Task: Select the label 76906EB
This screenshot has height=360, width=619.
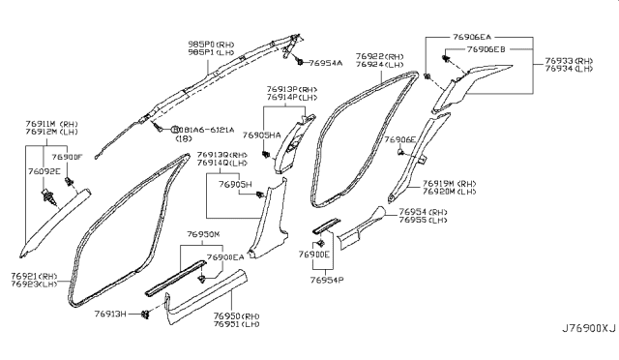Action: tap(486, 48)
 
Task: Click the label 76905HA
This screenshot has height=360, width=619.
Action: tap(261, 135)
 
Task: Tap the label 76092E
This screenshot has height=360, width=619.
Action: tap(44, 171)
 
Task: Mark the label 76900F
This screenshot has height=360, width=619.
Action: tap(68, 156)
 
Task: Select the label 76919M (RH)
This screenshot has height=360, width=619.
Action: tap(449, 183)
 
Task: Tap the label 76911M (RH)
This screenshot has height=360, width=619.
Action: tap(51, 125)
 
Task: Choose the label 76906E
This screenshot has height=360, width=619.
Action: tap(398, 139)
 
